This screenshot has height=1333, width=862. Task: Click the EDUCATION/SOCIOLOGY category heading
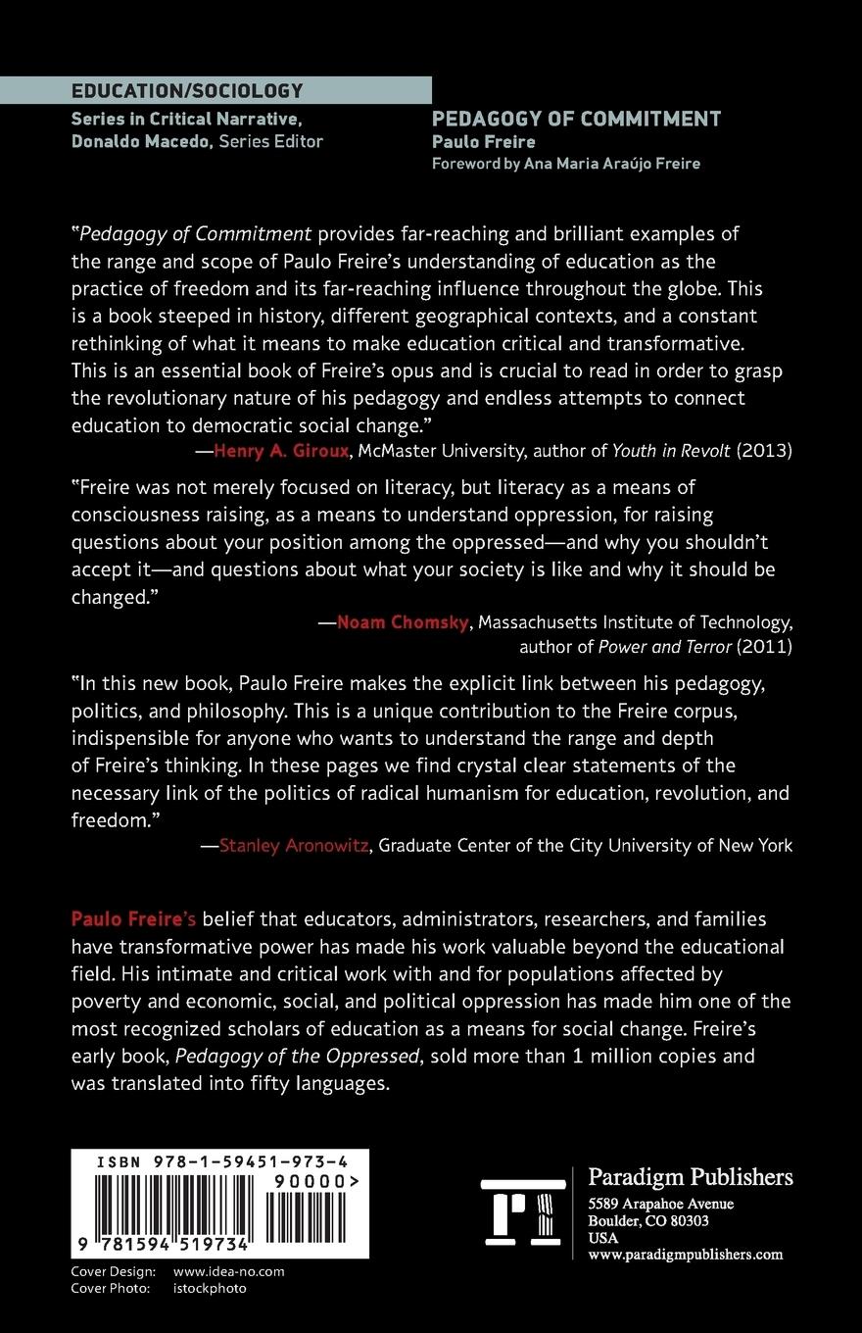point(187,91)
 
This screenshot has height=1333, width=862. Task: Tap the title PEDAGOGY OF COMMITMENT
point(576,120)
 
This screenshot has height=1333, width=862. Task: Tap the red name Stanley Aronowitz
point(295,845)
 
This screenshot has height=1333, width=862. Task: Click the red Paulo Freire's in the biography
point(134,919)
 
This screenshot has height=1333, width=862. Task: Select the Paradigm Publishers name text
point(690,1177)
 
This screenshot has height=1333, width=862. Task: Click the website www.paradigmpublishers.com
point(685,1254)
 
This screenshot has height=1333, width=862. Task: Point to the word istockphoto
point(210,1288)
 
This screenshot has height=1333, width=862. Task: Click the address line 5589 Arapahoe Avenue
point(660,1204)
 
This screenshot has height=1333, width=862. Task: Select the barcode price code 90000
point(315,1183)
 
